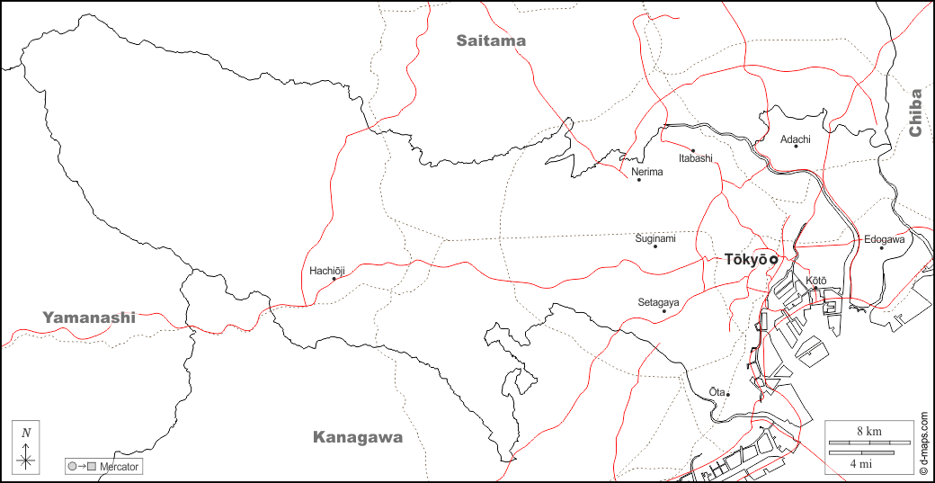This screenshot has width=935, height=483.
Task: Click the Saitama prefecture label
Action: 490,40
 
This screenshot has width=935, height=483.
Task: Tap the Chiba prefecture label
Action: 915,112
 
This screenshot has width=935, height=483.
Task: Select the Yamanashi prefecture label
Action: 89,318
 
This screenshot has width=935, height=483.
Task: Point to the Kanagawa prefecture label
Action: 357,438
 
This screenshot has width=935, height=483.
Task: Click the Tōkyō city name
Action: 745,259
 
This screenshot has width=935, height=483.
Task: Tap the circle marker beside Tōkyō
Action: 773,260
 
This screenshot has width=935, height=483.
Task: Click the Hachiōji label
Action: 327,270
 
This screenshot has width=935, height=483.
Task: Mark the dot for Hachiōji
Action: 334,279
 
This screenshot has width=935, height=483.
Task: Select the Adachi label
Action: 796,139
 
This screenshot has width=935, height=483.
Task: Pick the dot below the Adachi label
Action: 796,148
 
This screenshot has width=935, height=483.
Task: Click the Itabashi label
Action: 695,158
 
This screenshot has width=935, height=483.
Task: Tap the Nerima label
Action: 647,171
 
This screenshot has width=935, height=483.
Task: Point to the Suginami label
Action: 655,238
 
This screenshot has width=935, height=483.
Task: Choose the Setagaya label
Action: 659,302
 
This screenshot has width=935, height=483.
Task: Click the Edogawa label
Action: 885,239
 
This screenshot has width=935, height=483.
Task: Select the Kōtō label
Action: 815,281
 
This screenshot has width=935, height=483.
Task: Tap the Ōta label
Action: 717,391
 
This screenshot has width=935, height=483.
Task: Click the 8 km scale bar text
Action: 868,432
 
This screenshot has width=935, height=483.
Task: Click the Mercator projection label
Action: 120,467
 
